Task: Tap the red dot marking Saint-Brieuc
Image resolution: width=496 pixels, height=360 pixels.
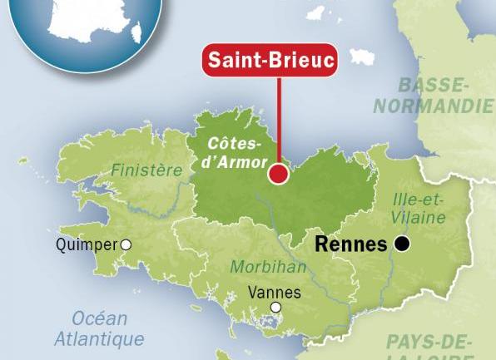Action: (x=278, y=174)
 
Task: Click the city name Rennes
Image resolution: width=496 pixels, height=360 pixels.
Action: (x=352, y=244)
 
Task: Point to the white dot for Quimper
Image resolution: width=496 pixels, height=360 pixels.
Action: (x=126, y=244)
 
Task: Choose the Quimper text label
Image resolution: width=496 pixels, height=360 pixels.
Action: (x=87, y=245)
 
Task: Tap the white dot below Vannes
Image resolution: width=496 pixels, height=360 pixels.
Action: (x=275, y=307)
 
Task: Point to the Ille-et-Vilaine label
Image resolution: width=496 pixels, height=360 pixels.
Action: (x=419, y=208)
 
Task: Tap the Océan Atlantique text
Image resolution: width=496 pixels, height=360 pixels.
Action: (x=98, y=328)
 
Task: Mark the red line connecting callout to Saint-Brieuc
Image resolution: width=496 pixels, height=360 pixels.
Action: (x=278, y=125)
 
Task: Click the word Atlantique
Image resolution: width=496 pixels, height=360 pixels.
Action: (x=98, y=338)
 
